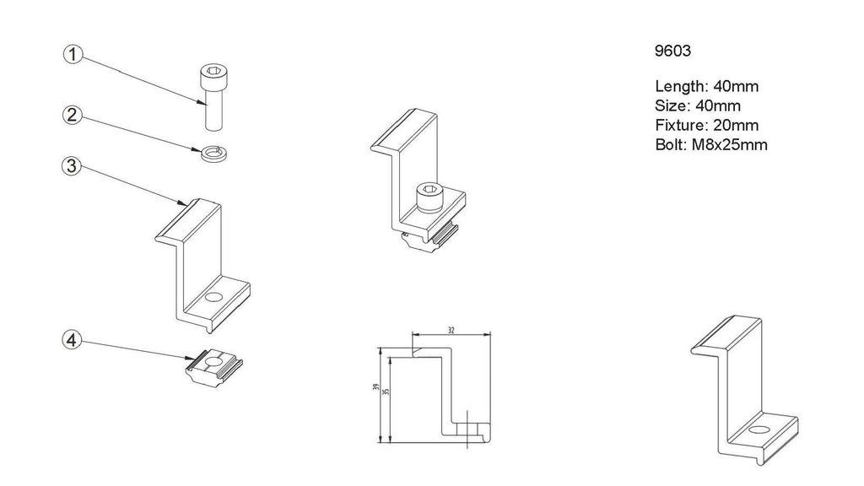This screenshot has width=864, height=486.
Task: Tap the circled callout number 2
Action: (x=73, y=115)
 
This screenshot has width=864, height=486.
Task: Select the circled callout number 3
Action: (x=72, y=166)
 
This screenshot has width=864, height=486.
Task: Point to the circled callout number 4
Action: (x=72, y=340)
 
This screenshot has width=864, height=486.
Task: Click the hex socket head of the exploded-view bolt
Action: (x=213, y=73)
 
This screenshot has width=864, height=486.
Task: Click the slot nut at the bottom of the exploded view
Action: (x=213, y=366)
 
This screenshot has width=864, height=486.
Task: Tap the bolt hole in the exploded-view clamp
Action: (x=213, y=298)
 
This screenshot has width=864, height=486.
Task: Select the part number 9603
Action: (x=672, y=51)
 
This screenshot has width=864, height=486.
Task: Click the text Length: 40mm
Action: (x=706, y=87)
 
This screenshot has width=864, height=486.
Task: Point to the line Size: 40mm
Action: (x=698, y=105)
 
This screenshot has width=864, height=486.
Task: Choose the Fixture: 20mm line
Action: (x=706, y=125)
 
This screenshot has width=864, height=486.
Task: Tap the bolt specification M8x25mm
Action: (x=730, y=145)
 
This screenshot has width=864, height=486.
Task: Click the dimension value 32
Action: (x=451, y=331)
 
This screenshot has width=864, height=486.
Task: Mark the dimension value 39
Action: (x=376, y=387)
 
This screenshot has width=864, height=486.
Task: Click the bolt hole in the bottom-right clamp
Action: (x=760, y=430)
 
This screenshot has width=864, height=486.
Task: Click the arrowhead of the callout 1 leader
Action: (x=202, y=102)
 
